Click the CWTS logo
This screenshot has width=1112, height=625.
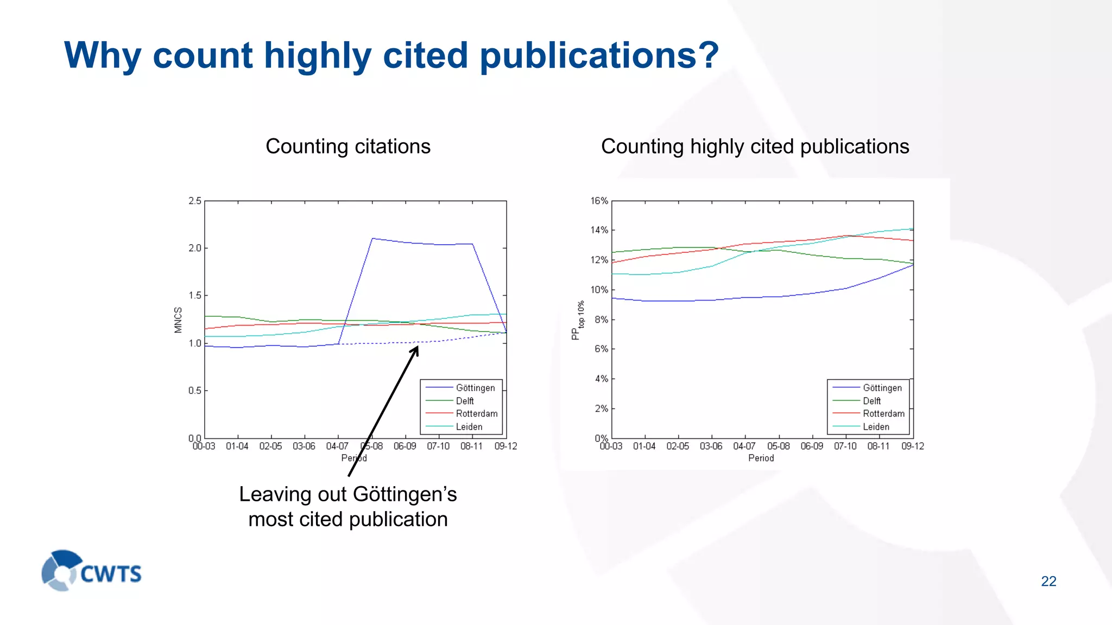click(91, 571)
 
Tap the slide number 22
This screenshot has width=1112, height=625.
click(1048, 581)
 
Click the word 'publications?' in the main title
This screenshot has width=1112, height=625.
click(599, 55)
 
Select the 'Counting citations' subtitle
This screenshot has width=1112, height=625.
click(347, 146)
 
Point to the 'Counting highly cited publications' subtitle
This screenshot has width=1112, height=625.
click(755, 146)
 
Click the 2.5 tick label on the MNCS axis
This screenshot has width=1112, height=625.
click(195, 201)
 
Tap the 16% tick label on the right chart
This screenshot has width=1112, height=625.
click(599, 201)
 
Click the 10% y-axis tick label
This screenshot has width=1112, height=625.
click(599, 290)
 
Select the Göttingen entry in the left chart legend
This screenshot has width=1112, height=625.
click(475, 388)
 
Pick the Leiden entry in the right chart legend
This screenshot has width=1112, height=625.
click(876, 427)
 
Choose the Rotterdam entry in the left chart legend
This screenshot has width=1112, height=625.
click(476, 413)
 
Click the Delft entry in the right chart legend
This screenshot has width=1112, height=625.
click(871, 401)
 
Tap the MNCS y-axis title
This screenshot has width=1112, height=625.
click(178, 320)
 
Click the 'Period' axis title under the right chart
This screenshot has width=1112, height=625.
click(761, 458)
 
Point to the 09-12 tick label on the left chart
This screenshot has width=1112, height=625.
click(506, 447)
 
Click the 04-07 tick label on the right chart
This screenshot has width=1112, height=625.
click(744, 447)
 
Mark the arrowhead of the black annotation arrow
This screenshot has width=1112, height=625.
click(416, 349)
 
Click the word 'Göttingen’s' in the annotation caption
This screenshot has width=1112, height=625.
click(405, 494)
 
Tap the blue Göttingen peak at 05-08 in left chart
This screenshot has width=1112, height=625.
click(372, 239)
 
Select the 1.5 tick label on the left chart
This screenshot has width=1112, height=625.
click(195, 296)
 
